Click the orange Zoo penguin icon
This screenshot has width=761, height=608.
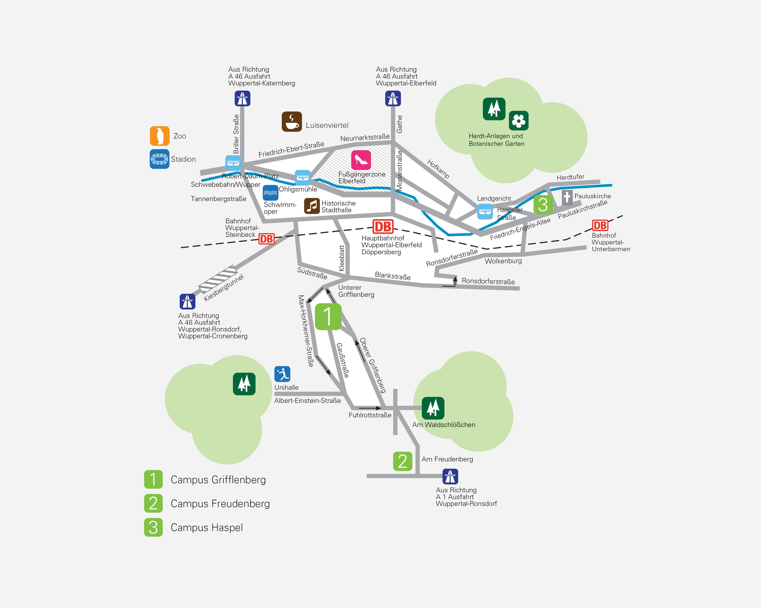click(x=160, y=136)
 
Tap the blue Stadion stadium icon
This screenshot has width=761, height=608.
click(x=160, y=159)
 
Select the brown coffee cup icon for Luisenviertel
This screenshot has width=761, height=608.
click(x=292, y=122)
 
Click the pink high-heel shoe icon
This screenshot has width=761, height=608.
click(x=361, y=160)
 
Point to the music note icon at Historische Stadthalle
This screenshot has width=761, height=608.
click(x=312, y=206)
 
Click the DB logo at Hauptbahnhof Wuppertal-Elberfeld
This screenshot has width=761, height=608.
click(x=383, y=227)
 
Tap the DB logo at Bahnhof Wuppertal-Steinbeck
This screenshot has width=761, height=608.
click(x=267, y=239)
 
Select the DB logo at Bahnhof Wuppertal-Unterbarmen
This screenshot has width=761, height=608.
click(x=600, y=225)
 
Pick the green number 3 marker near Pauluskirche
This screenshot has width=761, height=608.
click(x=543, y=204)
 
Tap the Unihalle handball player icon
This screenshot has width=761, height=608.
click(x=282, y=374)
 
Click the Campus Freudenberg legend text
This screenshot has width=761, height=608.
click(x=220, y=504)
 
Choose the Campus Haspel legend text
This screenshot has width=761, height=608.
click(x=207, y=527)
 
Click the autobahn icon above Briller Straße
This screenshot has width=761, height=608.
click(x=242, y=99)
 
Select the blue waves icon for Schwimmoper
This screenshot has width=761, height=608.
click(x=270, y=193)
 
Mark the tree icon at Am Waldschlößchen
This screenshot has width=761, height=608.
click(x=433, y=408)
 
